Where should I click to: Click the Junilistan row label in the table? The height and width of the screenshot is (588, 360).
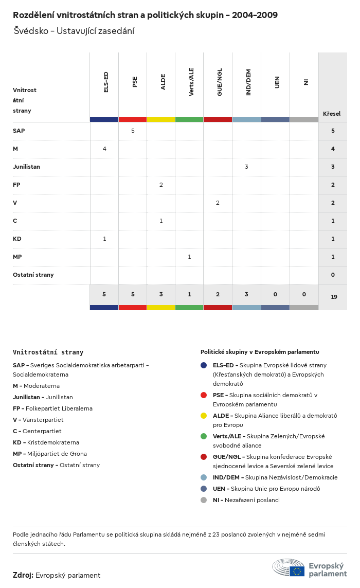click(26, 167)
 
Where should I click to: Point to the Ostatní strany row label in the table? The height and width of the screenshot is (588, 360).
click(33, 275)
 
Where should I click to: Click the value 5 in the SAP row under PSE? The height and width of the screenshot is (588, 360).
click(133, 131)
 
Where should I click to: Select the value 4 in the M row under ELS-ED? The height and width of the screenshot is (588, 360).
click(104, 149)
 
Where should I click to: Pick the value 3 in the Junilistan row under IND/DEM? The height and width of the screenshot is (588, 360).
click(246, 167)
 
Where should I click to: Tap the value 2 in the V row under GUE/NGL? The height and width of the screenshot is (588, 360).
click(218, 203)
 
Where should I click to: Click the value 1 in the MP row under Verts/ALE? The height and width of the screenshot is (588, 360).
click(189, 257)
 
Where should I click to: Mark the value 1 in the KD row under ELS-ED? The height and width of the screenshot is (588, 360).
click(104, 239)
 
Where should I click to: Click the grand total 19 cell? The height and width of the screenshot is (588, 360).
click(334, 297)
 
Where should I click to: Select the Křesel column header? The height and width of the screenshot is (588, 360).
click(332, 114)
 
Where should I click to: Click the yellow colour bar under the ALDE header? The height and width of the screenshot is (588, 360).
click(161, 119)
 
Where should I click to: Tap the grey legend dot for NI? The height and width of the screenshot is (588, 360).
click(204, 500)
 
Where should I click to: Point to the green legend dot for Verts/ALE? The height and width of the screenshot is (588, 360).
click(204, 436)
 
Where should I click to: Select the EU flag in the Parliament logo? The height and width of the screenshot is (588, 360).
click(297, 571)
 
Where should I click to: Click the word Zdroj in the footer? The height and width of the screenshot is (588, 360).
click(23, 575)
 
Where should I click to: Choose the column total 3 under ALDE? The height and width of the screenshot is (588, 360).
click(161, 294)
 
